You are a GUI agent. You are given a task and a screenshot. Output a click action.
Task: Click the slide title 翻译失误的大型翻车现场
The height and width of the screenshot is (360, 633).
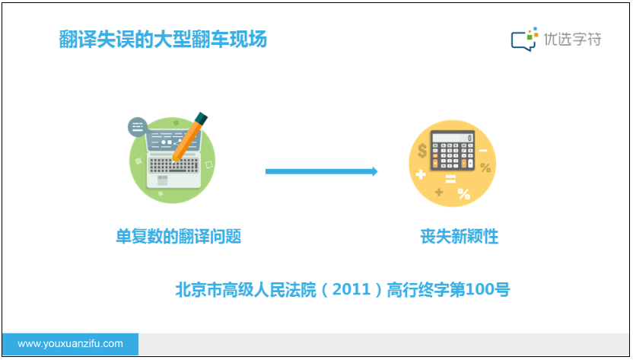163,40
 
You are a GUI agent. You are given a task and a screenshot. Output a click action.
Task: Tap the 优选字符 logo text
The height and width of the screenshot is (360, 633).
572,39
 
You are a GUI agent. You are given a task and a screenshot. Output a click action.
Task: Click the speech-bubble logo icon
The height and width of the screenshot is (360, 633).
524,39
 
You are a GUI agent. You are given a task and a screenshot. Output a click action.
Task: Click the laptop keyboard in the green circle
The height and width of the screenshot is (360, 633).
173,165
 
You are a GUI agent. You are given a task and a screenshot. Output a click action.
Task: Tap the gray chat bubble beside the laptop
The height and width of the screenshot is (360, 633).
138,127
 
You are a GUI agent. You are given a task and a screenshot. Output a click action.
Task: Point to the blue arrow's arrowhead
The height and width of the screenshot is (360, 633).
375,171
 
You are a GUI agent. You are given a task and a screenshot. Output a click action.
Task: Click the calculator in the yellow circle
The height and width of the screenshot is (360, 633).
452,150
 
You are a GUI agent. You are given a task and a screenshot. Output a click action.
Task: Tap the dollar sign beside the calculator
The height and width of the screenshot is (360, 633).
421,151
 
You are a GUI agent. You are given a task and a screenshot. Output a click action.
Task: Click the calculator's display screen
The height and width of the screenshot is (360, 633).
453,138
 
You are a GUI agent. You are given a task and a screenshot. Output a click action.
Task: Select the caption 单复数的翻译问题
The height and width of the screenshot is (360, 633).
179,237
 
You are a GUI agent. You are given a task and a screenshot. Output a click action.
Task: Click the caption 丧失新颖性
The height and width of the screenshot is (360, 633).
460,237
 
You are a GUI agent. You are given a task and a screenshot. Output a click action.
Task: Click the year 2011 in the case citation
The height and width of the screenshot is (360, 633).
351,289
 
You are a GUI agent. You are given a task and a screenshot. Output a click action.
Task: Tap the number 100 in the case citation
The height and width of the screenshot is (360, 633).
479,289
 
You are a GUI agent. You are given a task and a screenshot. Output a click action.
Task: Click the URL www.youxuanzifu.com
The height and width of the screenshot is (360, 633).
70,344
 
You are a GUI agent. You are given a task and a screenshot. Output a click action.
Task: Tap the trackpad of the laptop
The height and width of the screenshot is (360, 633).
162,180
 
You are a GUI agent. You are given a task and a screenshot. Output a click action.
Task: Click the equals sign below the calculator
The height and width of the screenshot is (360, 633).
450,179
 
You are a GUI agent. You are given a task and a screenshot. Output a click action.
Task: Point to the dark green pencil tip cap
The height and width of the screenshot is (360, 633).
201,118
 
